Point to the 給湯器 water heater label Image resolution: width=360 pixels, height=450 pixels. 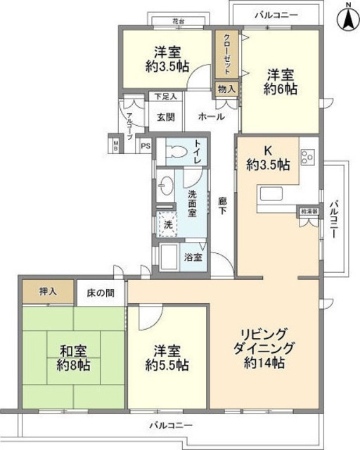pos(309,211)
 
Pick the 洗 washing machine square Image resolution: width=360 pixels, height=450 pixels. pos(167,226)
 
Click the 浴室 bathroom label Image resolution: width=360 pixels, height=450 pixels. pos(193,257)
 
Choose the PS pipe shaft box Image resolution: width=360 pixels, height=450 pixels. pos(145,146)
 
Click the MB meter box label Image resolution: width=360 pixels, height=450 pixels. pos(115,144)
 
